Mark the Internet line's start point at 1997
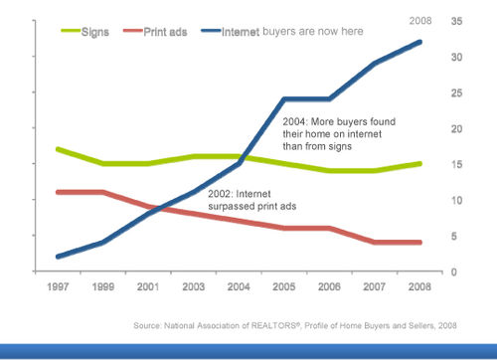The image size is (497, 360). (60, 257)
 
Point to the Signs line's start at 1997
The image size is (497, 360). (60, 149)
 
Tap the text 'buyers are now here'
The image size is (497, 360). (314, 31)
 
